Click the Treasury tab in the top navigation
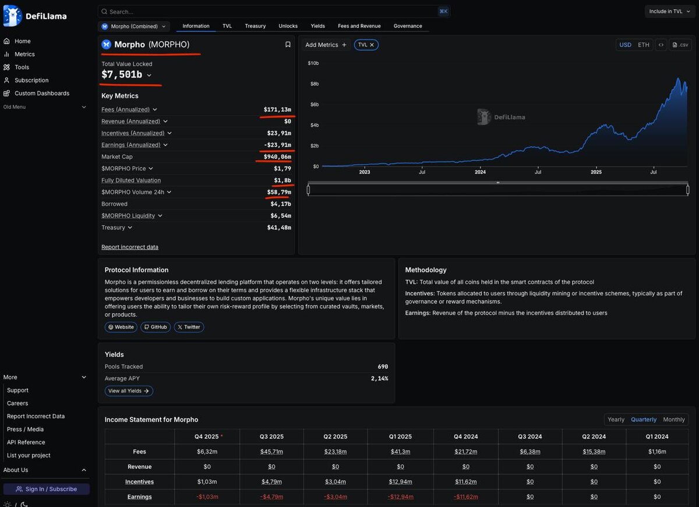pos(255,26)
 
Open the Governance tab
pos(408,26)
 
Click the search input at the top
pos(268,12)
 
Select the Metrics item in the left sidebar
pos(24,54)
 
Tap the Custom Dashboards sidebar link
pos(41,93)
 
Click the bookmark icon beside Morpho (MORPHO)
pos(288,44)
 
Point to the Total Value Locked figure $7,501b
pos(122,75)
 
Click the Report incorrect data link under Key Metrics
pos(130,247)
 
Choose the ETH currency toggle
pos(643,45)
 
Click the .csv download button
pos(680,45)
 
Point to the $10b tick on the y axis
pos(313,63)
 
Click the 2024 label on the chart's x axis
pos(480,172)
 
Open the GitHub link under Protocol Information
pos(156,327)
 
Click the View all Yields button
pos(129,391)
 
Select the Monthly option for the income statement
pos(674,420)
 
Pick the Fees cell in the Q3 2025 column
pos(271,452)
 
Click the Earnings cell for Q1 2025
pos(400,497)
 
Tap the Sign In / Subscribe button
pos(47,489)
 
